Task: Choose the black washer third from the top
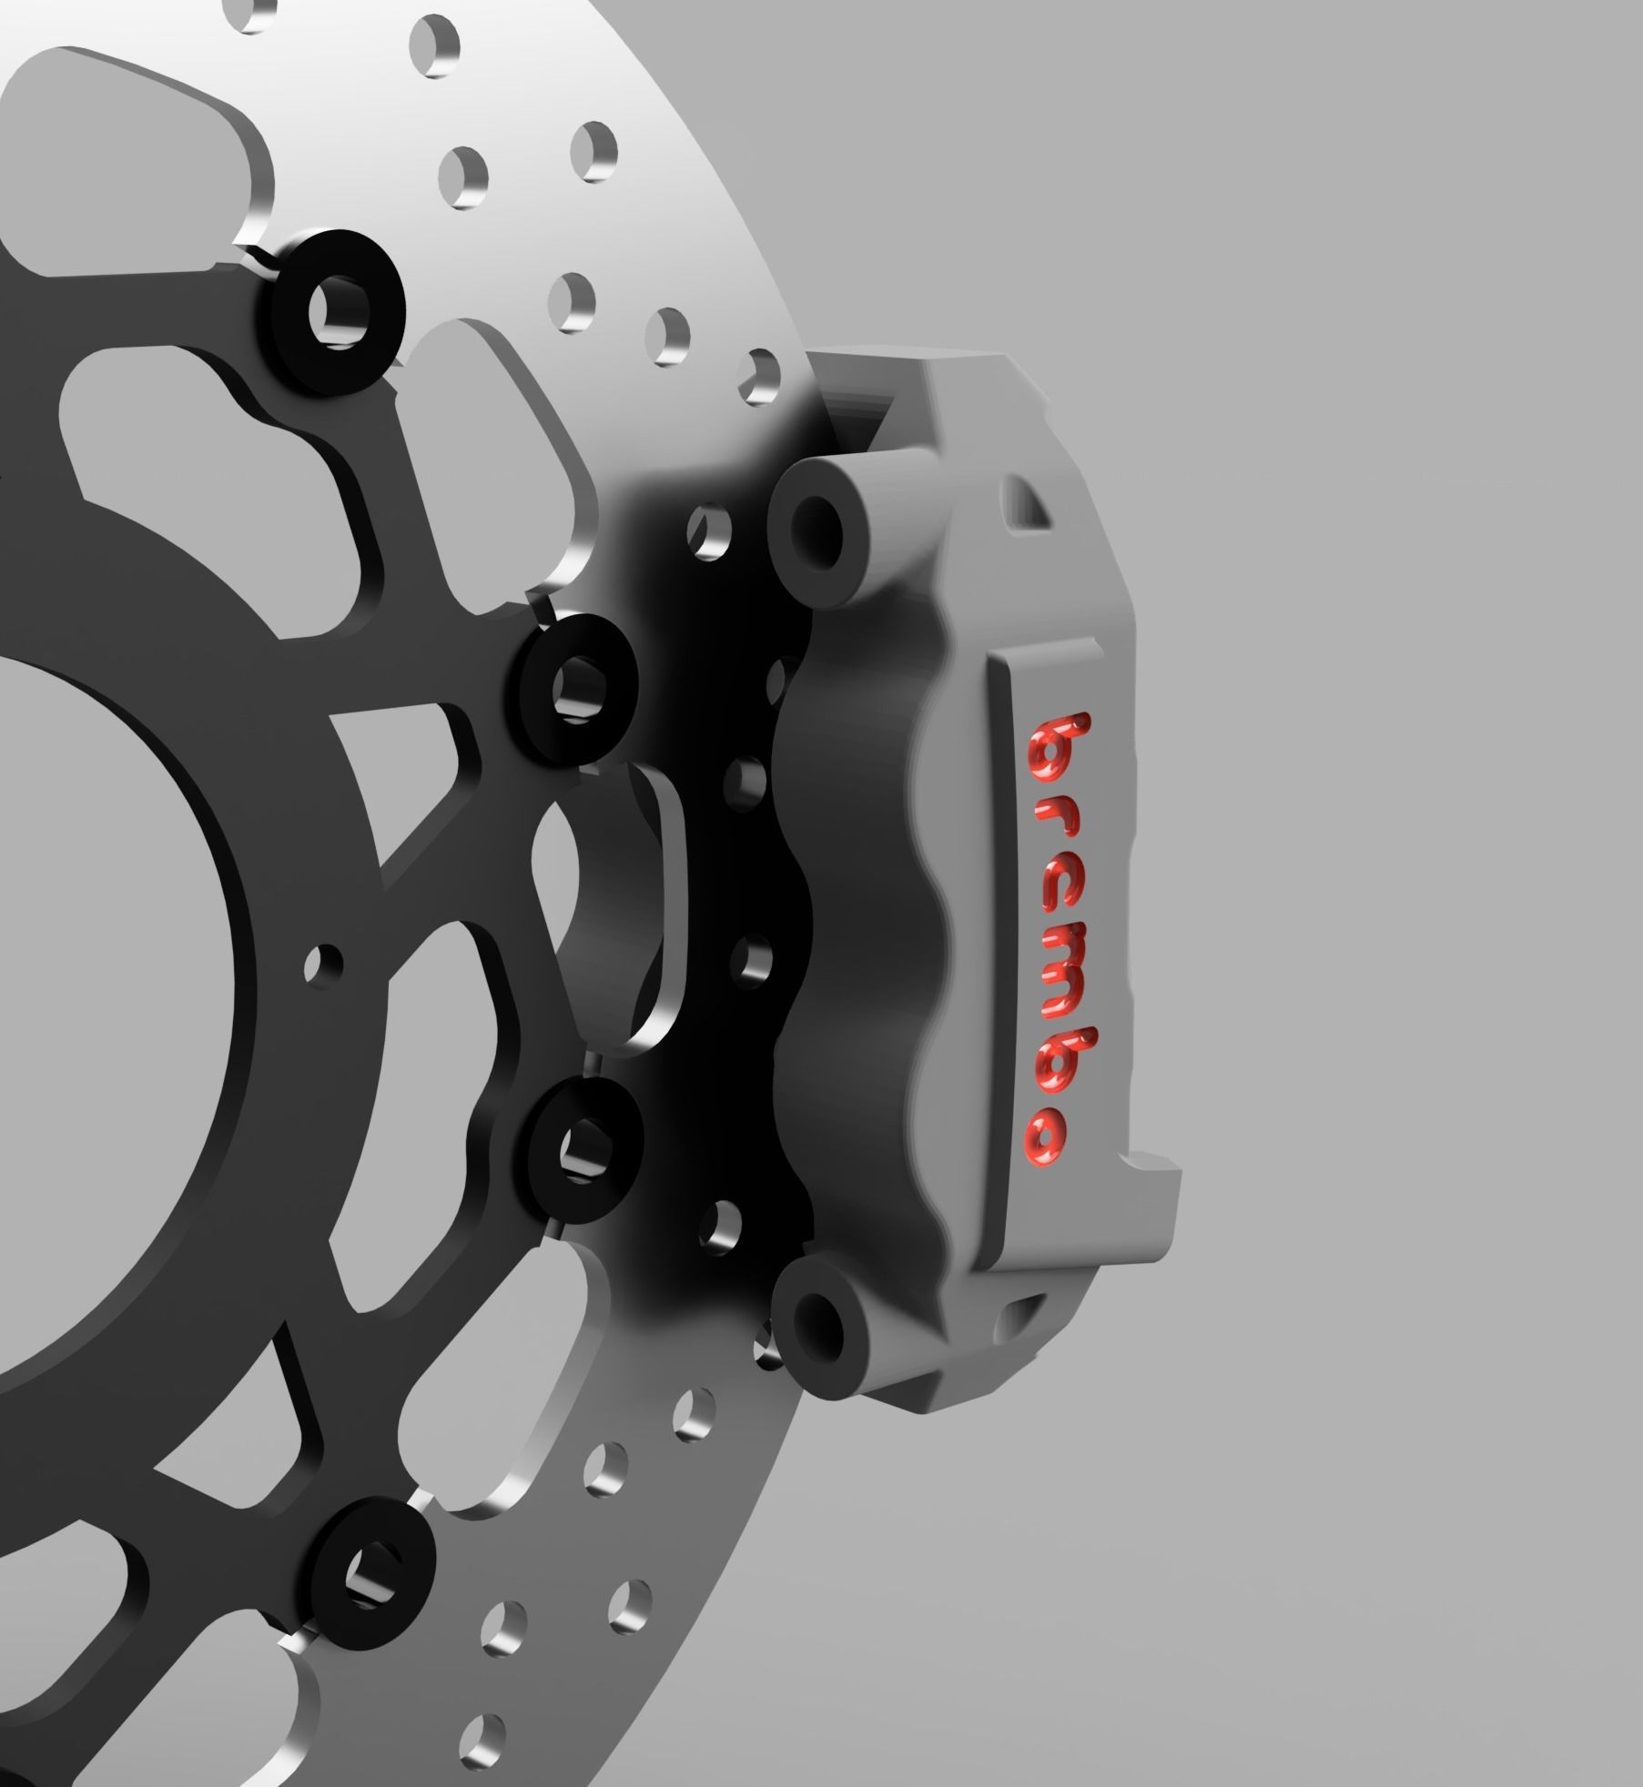click(583, 1147)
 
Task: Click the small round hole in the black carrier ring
click(328, 958)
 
